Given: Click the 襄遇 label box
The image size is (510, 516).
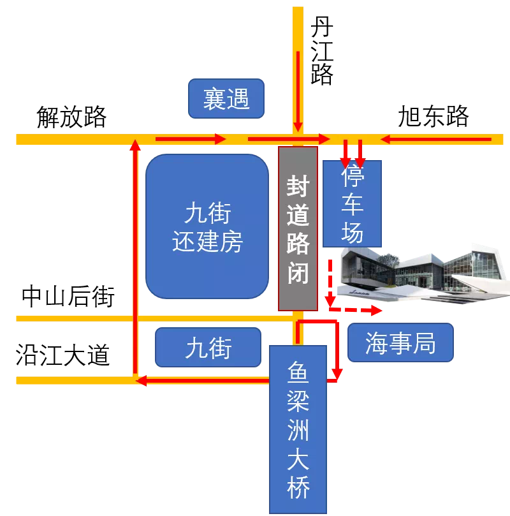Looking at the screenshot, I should click(x=226, y=99).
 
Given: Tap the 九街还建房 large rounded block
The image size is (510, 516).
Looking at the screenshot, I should click(x=207, y=226).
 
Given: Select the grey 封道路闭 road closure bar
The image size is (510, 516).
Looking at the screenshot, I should click(x=298, y=228).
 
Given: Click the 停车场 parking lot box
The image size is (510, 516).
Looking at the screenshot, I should click(x=352, y=204).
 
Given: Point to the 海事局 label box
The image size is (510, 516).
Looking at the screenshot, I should click(x=400, y=343).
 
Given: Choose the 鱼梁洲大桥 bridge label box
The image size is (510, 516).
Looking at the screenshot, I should click(x=298, y=429).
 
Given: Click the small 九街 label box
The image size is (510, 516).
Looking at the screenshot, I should click(x=208, y=348).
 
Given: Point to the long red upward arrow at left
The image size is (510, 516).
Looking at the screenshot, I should click(x=135, y=255).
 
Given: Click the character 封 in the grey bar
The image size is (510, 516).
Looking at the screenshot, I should click(x=298, y=187).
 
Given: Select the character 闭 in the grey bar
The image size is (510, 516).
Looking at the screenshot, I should click(x=298, y=273).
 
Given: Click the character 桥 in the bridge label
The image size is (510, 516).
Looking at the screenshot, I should click(x=298, y=489).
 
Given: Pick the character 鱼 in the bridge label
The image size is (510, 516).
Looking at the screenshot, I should click(x=298, y=371).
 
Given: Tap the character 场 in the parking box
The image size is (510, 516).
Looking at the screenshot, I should click(x=353, y=232).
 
